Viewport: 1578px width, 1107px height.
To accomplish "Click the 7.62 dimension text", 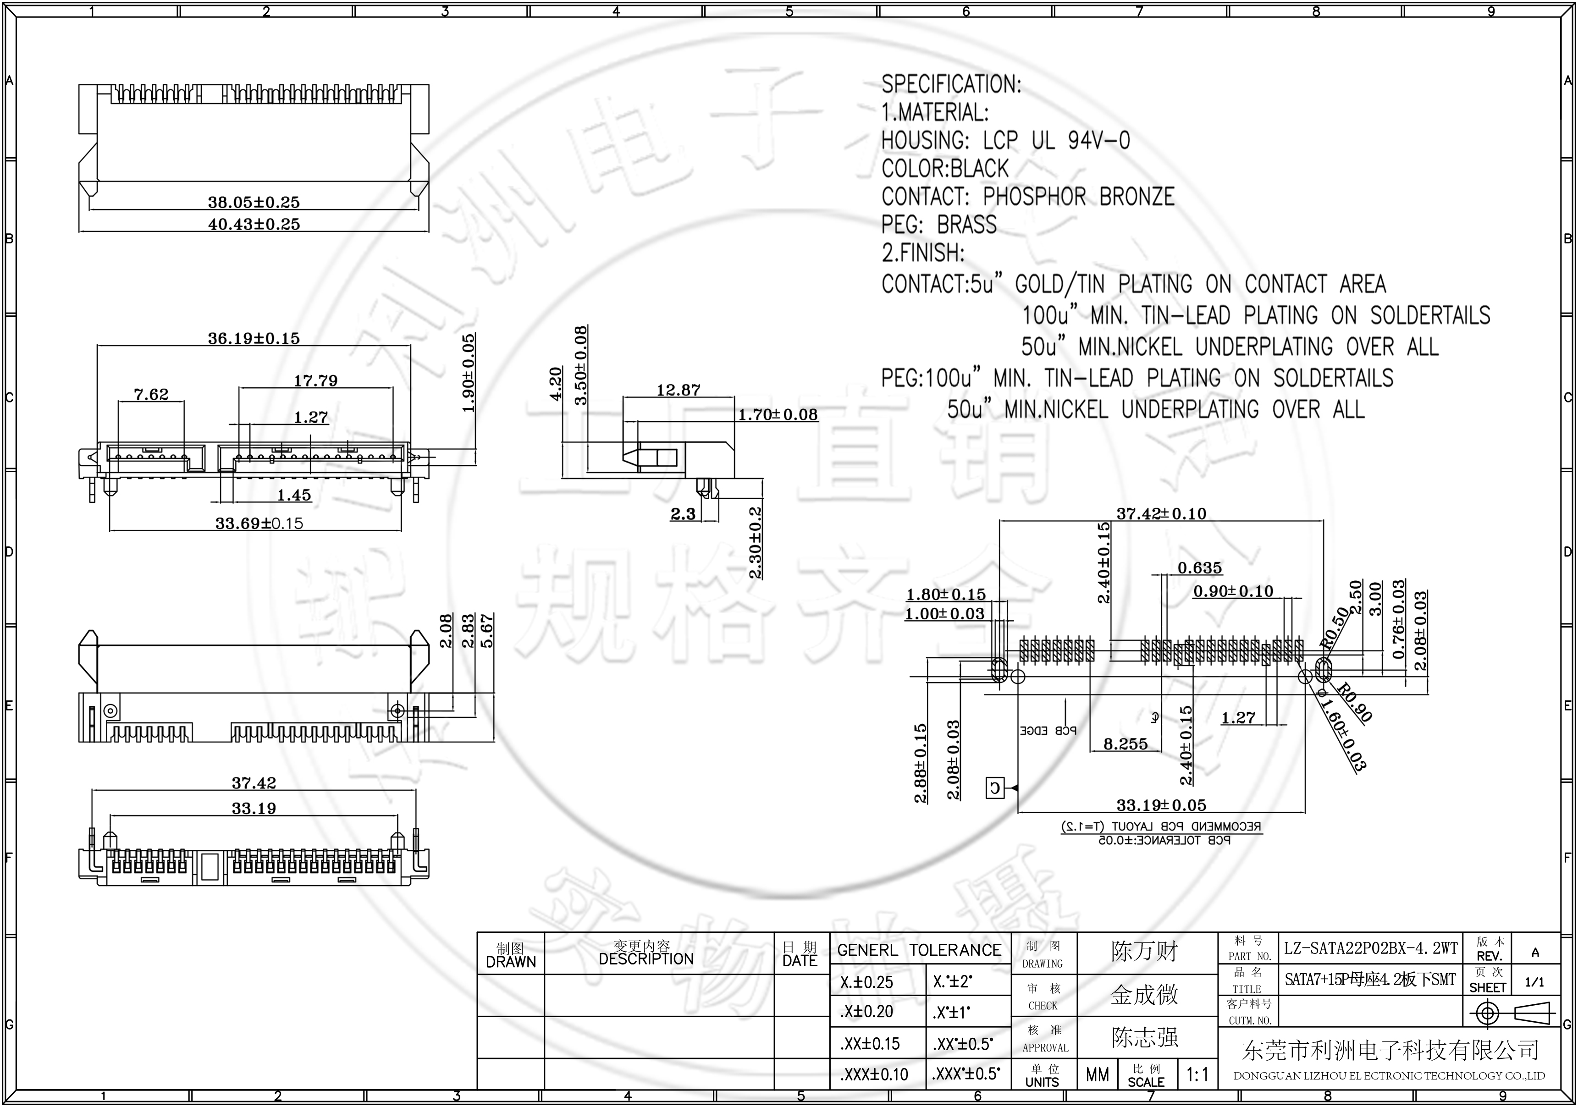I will tap(151, 394).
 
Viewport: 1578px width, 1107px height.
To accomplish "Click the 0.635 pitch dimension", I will tap(1199, 567).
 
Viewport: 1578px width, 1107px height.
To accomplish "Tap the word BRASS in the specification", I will tap(966, 225).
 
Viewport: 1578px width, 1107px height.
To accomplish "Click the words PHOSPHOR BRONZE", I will tap(1078, 197).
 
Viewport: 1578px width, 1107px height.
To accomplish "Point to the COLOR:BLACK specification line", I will tap(944, 168).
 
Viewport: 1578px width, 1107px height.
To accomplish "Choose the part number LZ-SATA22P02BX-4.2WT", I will tap(1370, 948).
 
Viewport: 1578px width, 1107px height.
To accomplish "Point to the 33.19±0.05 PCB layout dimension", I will tap(1161, 804).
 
